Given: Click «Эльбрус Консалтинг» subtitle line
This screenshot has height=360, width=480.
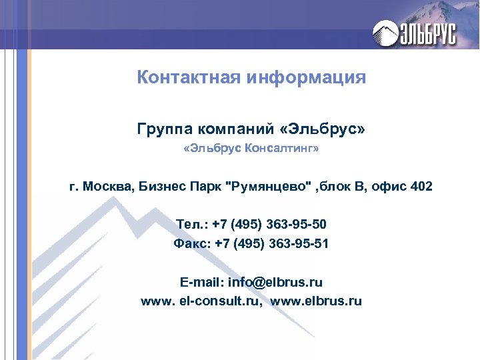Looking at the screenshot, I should [251, 150].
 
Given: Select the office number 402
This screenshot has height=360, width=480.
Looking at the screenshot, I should [422, 186].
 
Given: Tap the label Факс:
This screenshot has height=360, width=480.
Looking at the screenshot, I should [191, 244].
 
